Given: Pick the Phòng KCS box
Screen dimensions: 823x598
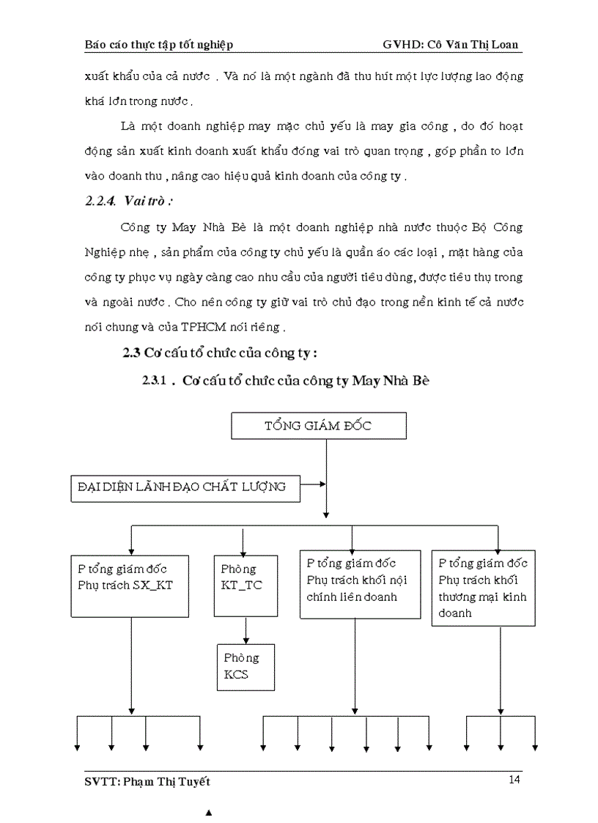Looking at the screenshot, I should tap(246, 667).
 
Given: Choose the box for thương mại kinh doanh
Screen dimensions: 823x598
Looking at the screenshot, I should tap(483, 588).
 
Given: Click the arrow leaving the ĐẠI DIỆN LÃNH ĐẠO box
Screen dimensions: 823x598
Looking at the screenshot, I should tap(313, 484).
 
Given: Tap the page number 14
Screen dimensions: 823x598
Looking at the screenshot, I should tap(514, 780).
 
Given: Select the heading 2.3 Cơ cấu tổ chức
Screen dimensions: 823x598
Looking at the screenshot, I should tap(219, 353).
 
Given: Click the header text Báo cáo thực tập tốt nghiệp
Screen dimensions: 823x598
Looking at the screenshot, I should tap(159, 45).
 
